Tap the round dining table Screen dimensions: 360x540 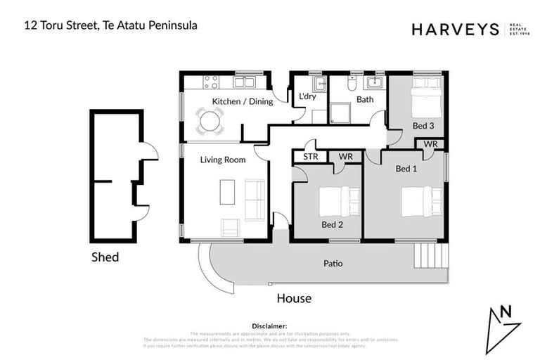(x=210, y=121)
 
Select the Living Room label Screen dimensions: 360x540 (x=223, y=160)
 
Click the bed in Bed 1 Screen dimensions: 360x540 (x=421, y=200)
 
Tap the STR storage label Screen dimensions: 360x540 (x=311, y=156)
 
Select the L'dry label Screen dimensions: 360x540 (x=307, y=97)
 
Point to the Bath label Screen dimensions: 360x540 (x=365, y=99)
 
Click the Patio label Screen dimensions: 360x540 (x=333, y=264)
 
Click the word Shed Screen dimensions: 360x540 (x=105, y=257)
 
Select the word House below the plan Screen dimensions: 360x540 (x=294, y=298)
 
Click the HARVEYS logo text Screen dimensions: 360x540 (x=455, y=29)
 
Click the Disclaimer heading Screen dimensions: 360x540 (x=269, y=326)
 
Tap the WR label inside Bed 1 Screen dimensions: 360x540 (x=430, y=144)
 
